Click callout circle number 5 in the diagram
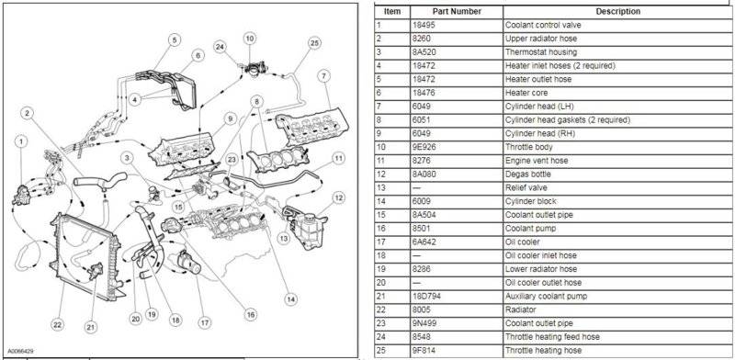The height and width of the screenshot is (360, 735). click(175, 40)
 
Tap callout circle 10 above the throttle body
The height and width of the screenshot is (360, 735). click(250, 38)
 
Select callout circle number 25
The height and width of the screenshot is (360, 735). click(314, 43)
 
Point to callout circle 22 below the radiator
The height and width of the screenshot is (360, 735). click(57, 324)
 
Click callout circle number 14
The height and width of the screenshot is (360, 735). click(290, 299)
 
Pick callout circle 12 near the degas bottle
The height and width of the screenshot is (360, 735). click(339, 198)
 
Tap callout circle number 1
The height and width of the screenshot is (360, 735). click(20, 141)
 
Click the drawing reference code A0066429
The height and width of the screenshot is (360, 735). click(20, 351)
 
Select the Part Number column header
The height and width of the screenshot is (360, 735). click(456, 11)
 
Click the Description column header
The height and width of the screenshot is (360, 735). click(617, 11)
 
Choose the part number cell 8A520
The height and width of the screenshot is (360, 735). click(423, 52)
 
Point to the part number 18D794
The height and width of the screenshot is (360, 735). click(426, 297)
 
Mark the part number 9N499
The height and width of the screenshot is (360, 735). click(424, 323)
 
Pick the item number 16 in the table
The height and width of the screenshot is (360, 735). click(379, 229)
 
